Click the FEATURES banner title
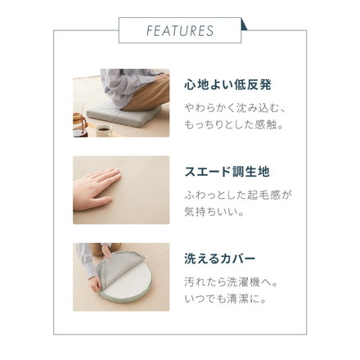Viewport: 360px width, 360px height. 180,31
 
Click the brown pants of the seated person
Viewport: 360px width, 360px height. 139,97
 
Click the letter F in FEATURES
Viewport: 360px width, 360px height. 150,31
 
